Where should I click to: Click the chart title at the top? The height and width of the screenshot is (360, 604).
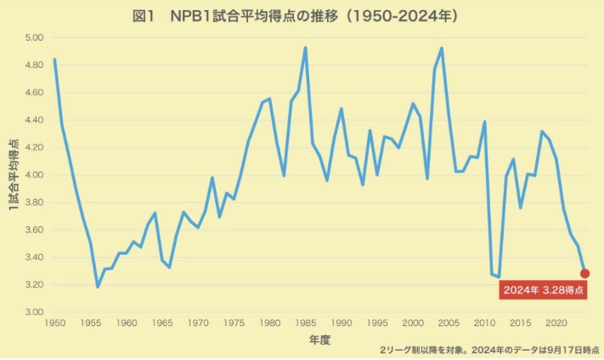[x=302, y=16]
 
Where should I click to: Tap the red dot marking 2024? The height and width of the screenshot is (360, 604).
[x=584, y=273]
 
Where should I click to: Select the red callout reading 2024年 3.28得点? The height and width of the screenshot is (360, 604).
[x=543, y=290]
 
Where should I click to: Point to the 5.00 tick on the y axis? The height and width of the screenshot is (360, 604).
[x=34, y=38]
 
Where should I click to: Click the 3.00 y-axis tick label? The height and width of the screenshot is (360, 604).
[x=34, y=312]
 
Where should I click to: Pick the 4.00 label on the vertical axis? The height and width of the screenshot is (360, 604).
[x=34, y=175]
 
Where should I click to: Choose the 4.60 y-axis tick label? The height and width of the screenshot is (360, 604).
[x=34, y=93]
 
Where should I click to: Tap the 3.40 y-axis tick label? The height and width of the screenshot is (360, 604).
[x=34, y=257]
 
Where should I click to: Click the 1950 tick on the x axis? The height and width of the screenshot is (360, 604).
[x=55, y=323]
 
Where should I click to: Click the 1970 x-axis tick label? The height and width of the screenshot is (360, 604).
[x=198, y=323]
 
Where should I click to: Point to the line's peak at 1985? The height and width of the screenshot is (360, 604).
[x=306, y=48]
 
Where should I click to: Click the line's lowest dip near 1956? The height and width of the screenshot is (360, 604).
[x=98, y=287]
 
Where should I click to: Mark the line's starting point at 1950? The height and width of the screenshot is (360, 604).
[x=54, y=59]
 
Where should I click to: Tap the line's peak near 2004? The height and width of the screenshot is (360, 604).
[x=442, y=48]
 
